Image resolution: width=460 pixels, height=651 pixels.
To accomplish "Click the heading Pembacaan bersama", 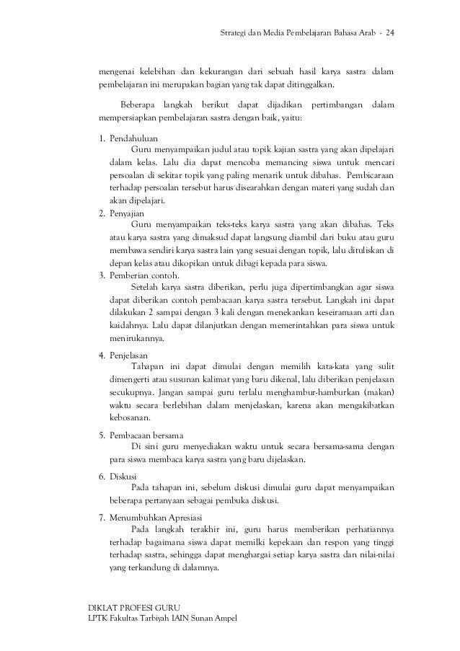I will click(x=146, y=435).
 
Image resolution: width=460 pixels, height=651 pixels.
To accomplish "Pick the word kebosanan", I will click(x=131, y=417).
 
